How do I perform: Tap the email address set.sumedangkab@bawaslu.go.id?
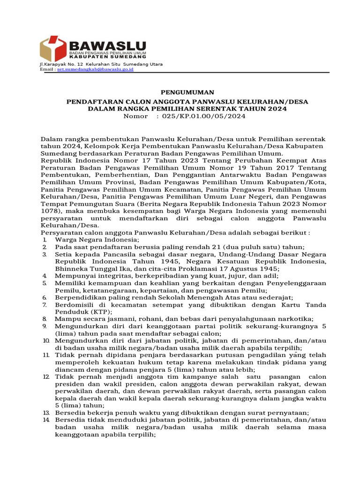pyautogui.click(x=95, y=69)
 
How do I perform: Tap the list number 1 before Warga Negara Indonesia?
pyautogui.click(x=44, y=240)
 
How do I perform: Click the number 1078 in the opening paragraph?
pyautogui.click(x=49, y=211)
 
